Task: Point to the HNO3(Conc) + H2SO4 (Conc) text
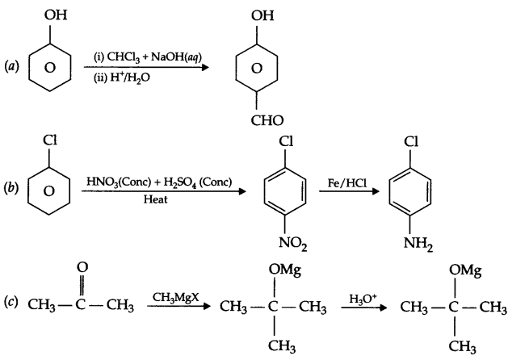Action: pos(157,182)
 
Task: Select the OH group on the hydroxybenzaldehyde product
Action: pos(258,15)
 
